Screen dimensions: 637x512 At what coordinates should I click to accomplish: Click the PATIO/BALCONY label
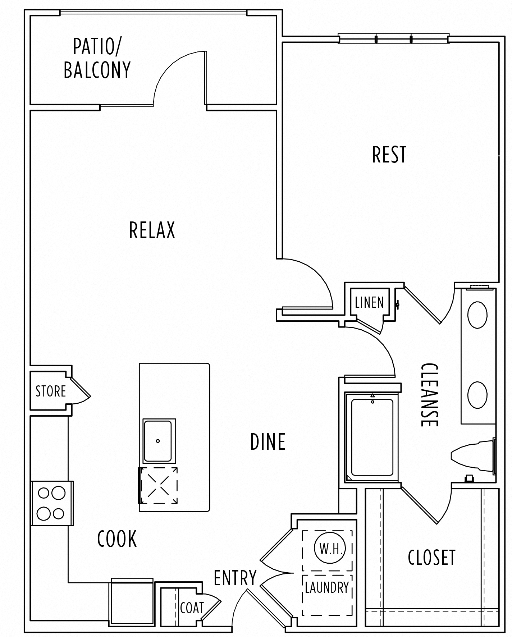point(97,58)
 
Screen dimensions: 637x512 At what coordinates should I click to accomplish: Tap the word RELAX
point(152,230)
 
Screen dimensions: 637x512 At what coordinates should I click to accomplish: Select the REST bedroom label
point(389,155)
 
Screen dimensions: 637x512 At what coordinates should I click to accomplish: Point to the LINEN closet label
point(369,302)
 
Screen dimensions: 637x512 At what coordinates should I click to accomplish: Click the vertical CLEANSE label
point(430,395)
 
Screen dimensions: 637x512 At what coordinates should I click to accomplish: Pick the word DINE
point(268,442)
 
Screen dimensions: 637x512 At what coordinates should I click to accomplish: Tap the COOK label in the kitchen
point(117,539)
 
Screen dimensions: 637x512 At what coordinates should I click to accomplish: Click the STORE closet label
point(51,391)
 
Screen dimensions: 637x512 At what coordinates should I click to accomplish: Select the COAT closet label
point(192,608)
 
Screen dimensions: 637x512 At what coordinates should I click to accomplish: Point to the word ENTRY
point(235,578)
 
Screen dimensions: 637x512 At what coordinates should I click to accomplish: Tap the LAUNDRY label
point(327,587)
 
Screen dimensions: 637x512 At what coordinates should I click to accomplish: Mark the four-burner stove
point(51,503)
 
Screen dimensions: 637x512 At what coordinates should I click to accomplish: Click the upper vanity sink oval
point(477,315)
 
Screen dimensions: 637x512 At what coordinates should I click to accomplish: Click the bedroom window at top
point(393,38)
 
